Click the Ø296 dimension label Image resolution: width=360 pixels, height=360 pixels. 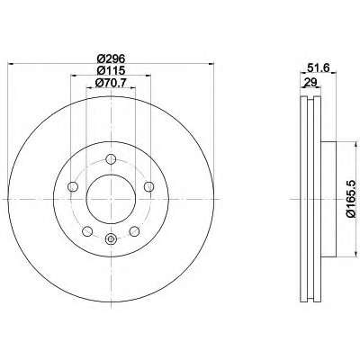coord(111,58)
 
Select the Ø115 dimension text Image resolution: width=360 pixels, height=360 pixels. coord(111,70)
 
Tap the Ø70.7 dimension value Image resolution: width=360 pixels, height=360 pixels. coord(111,83)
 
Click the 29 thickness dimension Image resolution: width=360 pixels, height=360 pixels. coord(310,82)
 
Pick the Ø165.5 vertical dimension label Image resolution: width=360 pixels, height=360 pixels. coord(351,198)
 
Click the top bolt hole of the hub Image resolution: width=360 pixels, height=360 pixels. coord(111,159)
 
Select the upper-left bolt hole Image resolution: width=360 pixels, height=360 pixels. coord(73,187)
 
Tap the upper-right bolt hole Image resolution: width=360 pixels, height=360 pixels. coord(149,187)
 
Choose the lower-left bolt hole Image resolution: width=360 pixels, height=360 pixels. coord(87,231)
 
